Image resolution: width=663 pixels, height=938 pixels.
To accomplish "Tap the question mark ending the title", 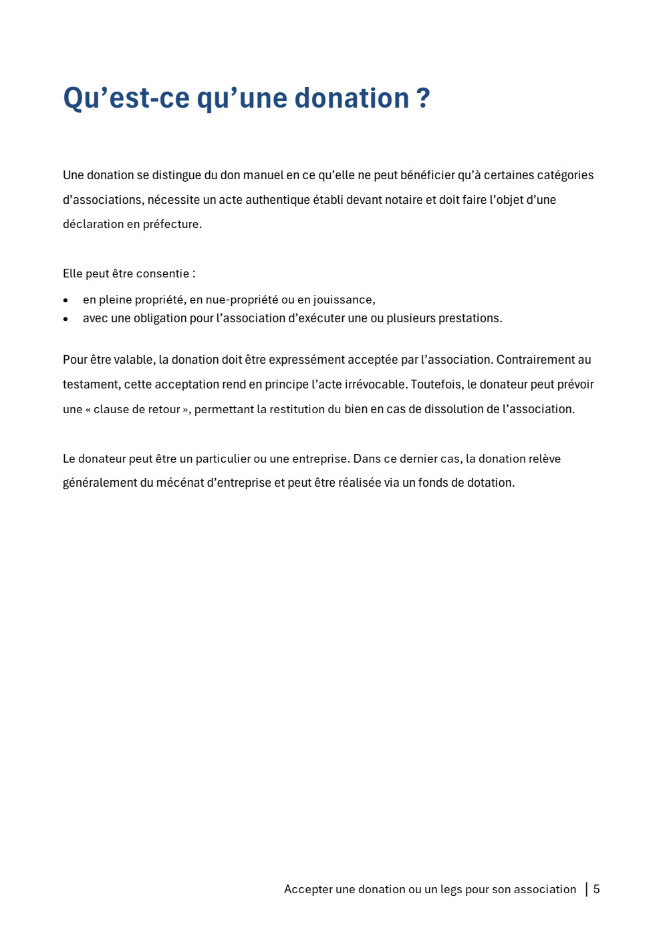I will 423,98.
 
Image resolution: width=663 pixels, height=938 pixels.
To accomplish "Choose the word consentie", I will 162,274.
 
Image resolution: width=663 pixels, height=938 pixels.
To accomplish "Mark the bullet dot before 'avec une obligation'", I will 65,319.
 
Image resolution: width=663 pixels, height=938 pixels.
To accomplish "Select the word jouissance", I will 344,300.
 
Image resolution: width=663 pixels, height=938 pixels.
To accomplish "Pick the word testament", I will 92,384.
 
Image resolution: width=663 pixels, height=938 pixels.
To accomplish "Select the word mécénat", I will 180,483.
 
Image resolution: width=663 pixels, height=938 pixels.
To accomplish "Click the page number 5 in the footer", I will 596,889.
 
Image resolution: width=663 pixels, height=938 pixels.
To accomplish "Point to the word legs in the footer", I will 451,890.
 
